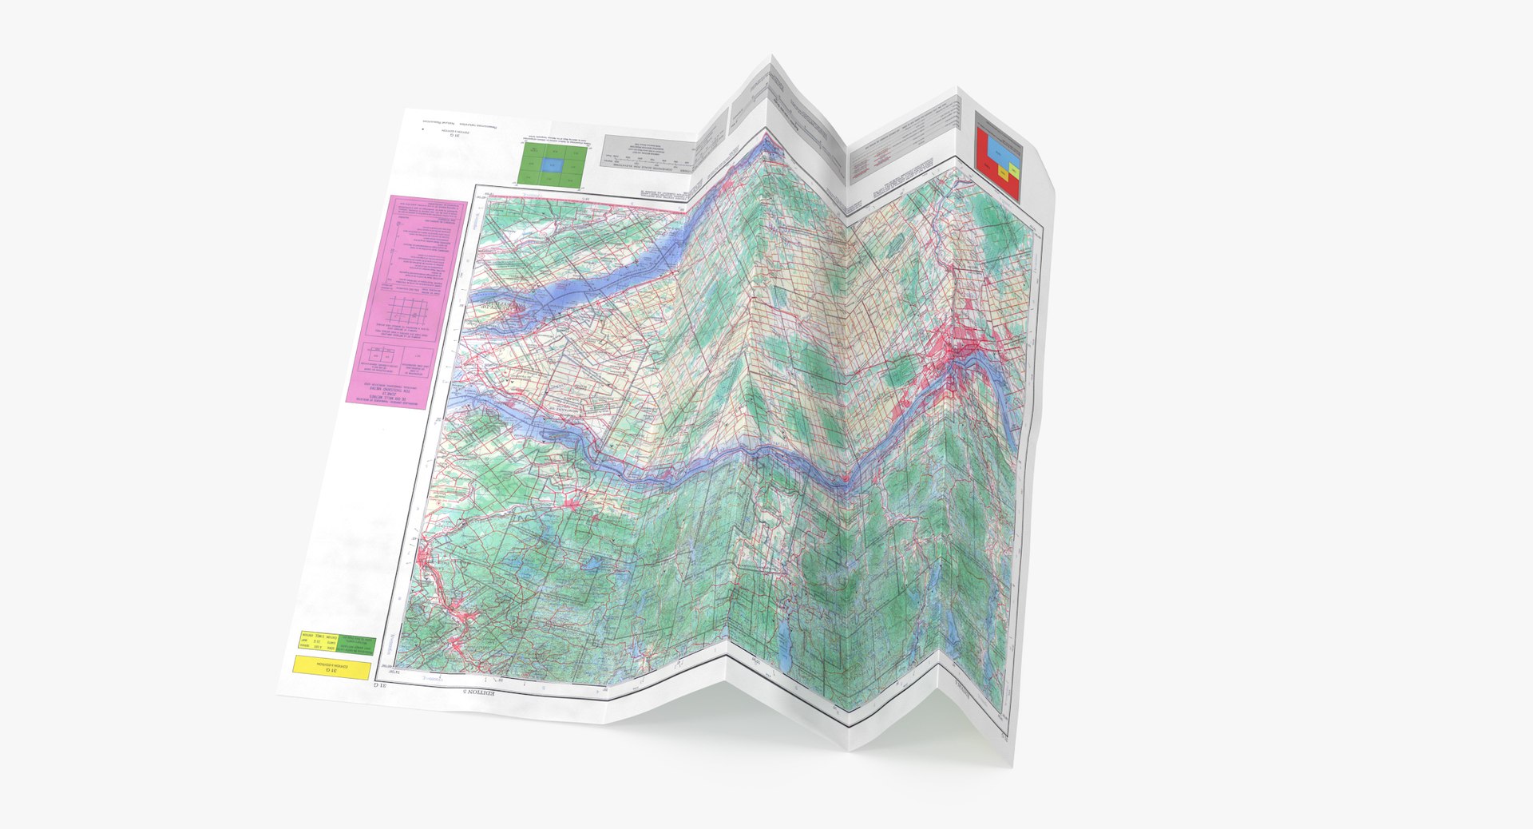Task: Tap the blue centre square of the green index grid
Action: (x=549, y=165)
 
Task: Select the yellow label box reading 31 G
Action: (x=331, y=667)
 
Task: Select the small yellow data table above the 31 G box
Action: (x=319, y=641)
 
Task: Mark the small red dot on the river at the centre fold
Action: (x=843, y=478)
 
